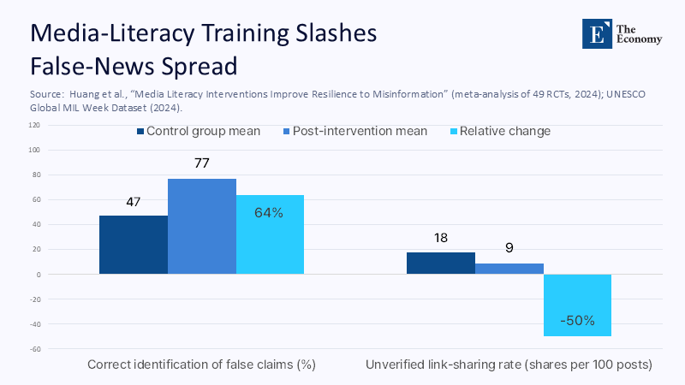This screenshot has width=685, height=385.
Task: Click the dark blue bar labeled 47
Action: point(133,245)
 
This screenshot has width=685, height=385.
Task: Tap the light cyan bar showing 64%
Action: point(270,234)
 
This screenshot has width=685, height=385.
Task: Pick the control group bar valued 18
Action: point(440,264)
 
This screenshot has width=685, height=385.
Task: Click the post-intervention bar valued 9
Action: point(509,269)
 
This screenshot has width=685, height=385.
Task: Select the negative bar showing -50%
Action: point(577,305)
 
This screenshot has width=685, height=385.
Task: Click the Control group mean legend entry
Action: point(198,132)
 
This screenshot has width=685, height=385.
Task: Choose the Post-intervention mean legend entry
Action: point(356,132)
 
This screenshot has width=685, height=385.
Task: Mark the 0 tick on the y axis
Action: point(38,275)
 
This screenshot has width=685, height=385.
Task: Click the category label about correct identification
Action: point(201,364)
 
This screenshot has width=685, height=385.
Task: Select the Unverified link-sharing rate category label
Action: point(509,364)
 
